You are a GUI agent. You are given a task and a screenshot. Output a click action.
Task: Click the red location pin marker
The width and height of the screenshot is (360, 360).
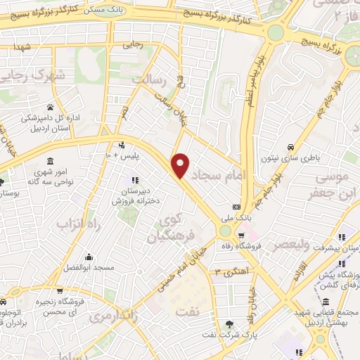click(x=181, y=165)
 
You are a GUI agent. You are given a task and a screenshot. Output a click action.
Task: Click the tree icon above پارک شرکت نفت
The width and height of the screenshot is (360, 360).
click(x=231, y=323)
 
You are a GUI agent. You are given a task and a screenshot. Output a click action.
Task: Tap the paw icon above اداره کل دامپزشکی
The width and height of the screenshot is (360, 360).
click(x=50, y=107)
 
